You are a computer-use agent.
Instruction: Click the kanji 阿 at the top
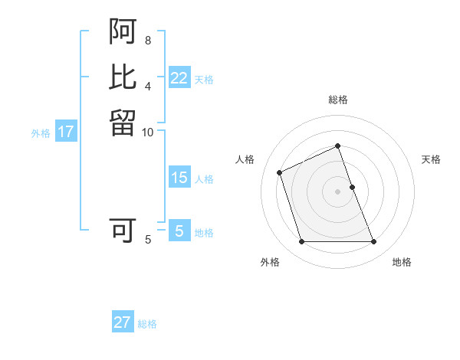click(123, 32)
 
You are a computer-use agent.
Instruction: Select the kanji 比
click(123, 77)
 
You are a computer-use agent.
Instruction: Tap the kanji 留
click(123, 122)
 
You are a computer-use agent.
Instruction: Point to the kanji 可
click(123, 231)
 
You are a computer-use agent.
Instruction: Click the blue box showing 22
click(179, 78)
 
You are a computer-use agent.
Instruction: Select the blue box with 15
click(179, 178)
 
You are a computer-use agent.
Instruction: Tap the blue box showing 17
click(66, 132)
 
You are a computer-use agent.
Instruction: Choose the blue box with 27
click(123, 322)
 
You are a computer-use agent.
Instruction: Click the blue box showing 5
click(179, 231)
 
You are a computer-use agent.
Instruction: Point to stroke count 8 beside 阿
click(148, 40)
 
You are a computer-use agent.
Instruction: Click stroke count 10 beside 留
click(148, 132)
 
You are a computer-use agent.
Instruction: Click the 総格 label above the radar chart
click(338, 100)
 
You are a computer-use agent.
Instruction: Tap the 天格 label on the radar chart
click(431, 159)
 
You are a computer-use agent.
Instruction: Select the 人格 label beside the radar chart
click(245, 159)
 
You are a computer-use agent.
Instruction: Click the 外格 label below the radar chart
click(270, 263)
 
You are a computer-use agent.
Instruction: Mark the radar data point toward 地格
click(374, 242)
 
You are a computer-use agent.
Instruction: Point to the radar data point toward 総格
click(338, 146)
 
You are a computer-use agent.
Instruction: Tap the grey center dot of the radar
click(338, 191)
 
